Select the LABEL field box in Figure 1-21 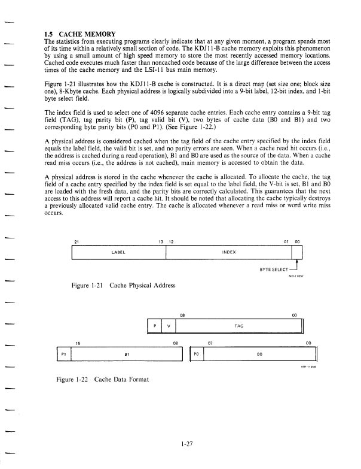point(118,252)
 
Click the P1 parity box point(63,353)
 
